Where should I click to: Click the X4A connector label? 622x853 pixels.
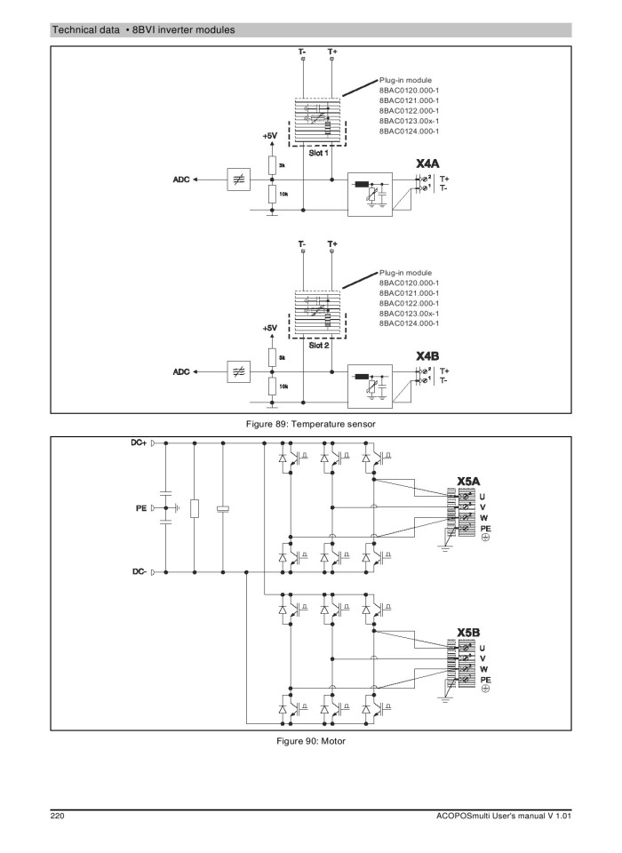pos(428,164)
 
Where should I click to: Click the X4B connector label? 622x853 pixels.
pos(428,355)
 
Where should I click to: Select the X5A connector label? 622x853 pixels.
pos(468,481)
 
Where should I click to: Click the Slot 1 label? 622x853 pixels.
pos(318,154)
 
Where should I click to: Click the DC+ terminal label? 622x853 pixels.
pos(133,442)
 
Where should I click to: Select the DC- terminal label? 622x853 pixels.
pos(134,572)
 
